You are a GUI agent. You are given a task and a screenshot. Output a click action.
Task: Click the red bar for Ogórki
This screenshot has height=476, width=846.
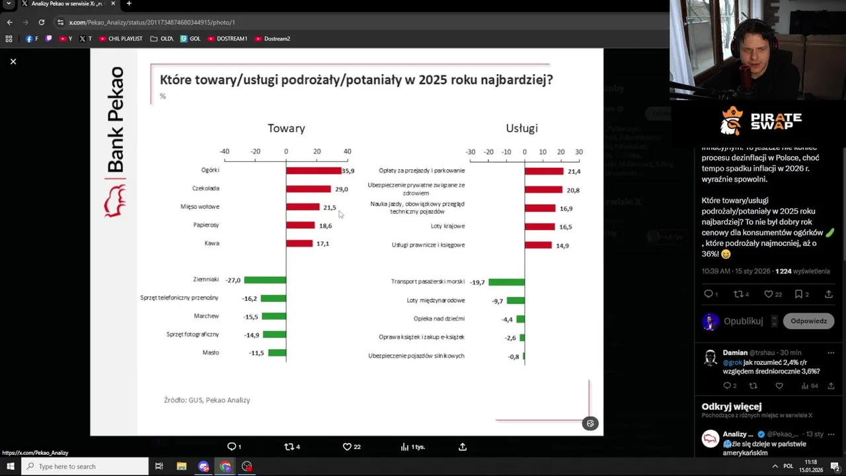click(x=313, y=171)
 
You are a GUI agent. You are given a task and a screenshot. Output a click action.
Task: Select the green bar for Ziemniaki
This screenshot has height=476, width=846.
click(x=265, y=280)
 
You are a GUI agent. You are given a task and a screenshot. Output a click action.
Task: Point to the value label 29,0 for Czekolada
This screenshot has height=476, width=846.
click(x=341, y=189)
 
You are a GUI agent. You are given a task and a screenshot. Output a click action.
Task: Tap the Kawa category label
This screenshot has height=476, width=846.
click(x=211, y=243)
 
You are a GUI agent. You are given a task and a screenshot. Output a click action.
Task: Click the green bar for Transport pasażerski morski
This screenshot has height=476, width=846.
click(x=506, y=282)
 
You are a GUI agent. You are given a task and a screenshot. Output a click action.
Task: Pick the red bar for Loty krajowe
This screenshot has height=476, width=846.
click(x=539, y=227)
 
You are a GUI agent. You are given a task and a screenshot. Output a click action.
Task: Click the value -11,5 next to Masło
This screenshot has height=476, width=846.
click(x=256, y=353)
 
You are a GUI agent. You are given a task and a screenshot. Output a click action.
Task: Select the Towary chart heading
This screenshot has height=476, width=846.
click(x=286, y=128)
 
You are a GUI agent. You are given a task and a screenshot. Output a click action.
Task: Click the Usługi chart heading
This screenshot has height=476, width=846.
click(x=521, y=128)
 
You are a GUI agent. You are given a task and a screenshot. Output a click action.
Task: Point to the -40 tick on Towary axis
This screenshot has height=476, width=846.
click(x=225, y=151)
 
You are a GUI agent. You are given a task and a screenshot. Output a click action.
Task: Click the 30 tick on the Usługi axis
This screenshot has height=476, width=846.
click(x=579, y=152)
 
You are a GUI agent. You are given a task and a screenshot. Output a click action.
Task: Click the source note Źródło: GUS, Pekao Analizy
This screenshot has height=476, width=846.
click(x=207, y=400)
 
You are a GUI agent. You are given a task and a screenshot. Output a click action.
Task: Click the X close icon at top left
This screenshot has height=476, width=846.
click(x=13, y=61)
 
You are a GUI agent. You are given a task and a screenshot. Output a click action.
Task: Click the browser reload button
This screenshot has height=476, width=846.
click(x=41, y=22)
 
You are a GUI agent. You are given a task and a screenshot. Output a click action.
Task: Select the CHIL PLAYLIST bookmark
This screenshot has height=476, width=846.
click(x=121, y=39)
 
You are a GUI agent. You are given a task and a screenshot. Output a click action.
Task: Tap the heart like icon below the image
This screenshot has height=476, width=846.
click(x=347, y=447)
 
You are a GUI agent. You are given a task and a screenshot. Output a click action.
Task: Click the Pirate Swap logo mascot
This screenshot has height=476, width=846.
click(x=732, y=121)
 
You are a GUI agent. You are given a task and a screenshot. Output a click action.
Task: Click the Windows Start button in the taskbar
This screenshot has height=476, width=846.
click(x=11, y=467)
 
